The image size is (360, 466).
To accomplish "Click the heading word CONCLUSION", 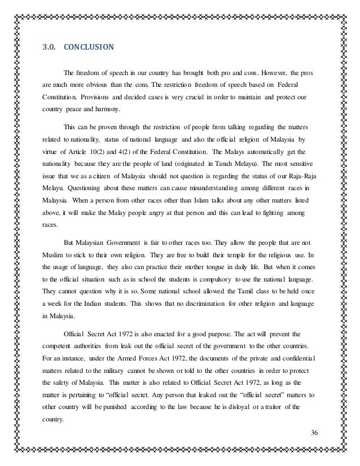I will [x=89, y=47].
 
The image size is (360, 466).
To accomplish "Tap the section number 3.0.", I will [x=49, y=47].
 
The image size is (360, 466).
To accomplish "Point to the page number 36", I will [x=315, y=432].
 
